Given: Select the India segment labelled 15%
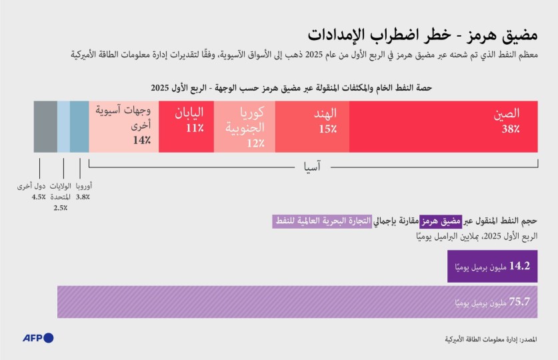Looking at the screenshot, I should (311, 126).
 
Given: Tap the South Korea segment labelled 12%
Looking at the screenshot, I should (244, 126).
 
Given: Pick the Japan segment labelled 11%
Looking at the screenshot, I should (186, 126).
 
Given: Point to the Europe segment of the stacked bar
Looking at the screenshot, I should (79, 126).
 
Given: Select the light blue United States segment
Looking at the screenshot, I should (63, 126).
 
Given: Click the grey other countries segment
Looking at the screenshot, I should (45, 126).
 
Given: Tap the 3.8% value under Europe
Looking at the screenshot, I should (83, 197).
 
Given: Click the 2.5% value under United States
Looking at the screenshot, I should (60, 208).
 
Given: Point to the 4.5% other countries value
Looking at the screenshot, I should (38, 197).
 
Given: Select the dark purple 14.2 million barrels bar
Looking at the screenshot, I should (491, 266).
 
